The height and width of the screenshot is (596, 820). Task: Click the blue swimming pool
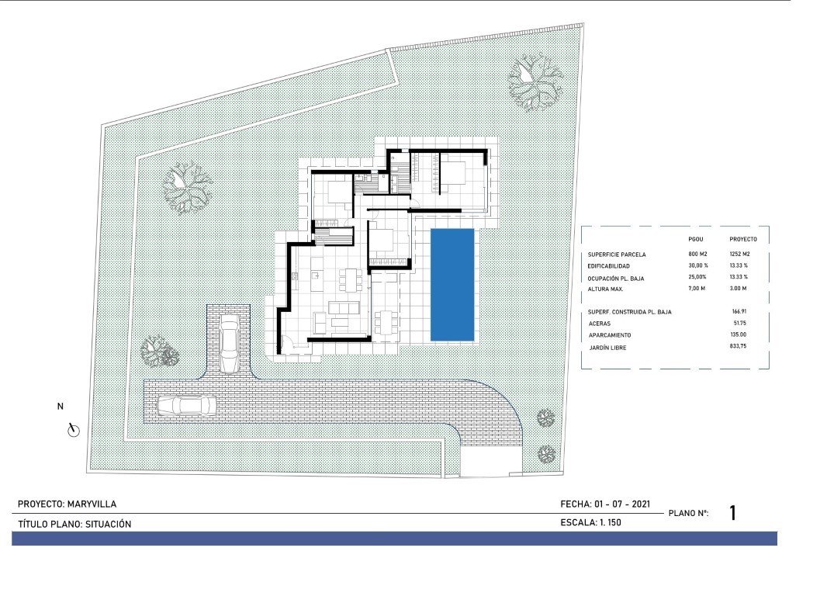pos(453,284)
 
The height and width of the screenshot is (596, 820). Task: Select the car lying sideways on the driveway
pos(186,405)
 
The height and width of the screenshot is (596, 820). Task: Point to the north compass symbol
pos(74,429)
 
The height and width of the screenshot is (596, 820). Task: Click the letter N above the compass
pos(61,406)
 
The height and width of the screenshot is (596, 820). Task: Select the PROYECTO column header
pos(743,239)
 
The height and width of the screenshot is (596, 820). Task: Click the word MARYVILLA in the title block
pos(92,504)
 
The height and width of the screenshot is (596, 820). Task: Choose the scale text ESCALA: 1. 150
pos(590,523)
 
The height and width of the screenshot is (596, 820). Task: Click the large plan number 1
pos(732,513)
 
